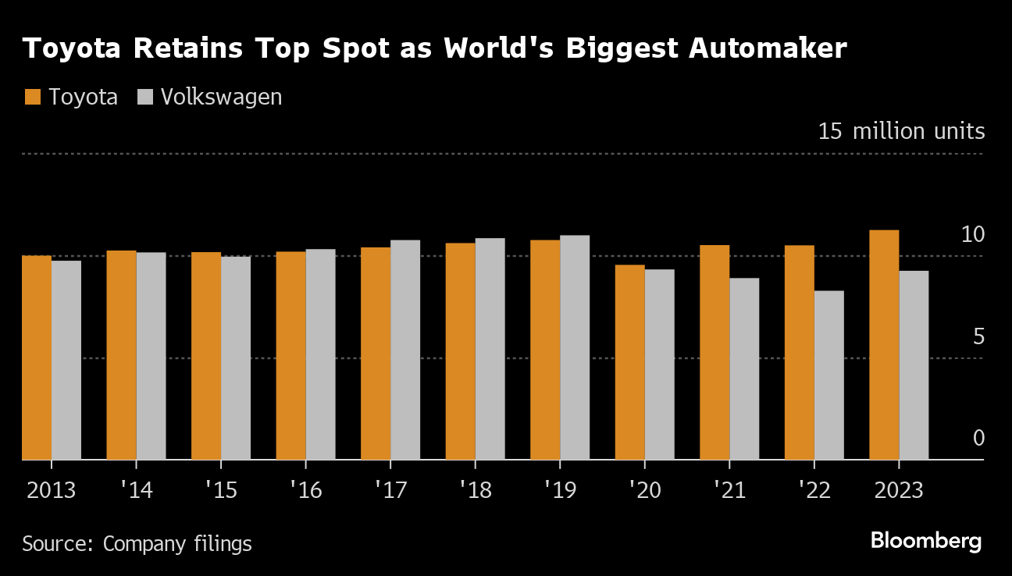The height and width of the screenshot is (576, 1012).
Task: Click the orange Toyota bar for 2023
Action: click(x=884, y=345)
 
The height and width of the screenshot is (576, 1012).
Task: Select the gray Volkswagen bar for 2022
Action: click(x=829, y=375)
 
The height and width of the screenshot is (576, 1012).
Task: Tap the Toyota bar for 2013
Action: click(x=37, y=357)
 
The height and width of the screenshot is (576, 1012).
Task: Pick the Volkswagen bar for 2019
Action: click(x=575, y=347)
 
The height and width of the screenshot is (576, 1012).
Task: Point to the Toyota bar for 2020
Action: click(x=629, y=362)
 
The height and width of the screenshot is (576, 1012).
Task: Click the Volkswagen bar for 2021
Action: click(x=744, y=368)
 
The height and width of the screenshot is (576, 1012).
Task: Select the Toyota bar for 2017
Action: click(x=376, y=354)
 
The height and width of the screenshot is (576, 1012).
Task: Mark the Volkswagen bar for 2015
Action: click(x=236, y=358)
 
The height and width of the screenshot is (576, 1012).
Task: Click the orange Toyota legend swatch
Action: click(x=32, y=97)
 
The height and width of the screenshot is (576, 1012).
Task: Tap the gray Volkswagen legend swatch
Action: click(x=144, y=97)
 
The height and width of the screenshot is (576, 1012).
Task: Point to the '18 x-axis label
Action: click(x=476, y=490)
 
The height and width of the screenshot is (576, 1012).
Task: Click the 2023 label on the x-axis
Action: click(x=899, y=490)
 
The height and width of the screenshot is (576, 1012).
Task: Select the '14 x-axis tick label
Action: click(x=136, y=490)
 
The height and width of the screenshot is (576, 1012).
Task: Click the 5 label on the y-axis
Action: click(x=978, y=336)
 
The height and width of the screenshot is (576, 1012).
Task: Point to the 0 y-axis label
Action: click(x=978, y=439)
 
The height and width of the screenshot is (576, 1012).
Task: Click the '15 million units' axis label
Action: click(x=901, y=131)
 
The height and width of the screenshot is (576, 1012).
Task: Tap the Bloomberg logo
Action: click(x=925, y=540)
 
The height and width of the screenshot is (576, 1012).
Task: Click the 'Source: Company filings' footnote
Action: click(x=137, y=543)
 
